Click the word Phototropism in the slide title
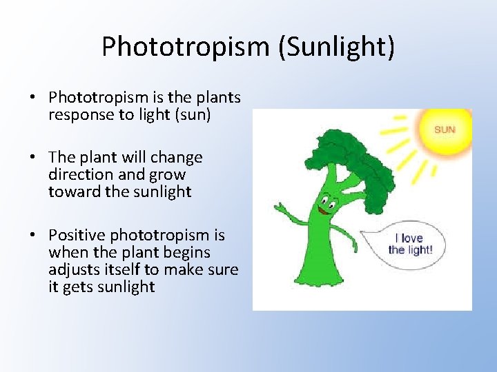coord(185,47)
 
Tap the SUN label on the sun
coord(445,130)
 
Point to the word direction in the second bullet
coord(77,175)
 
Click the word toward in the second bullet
coord(72,192)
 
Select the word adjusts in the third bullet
coord(73,270)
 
